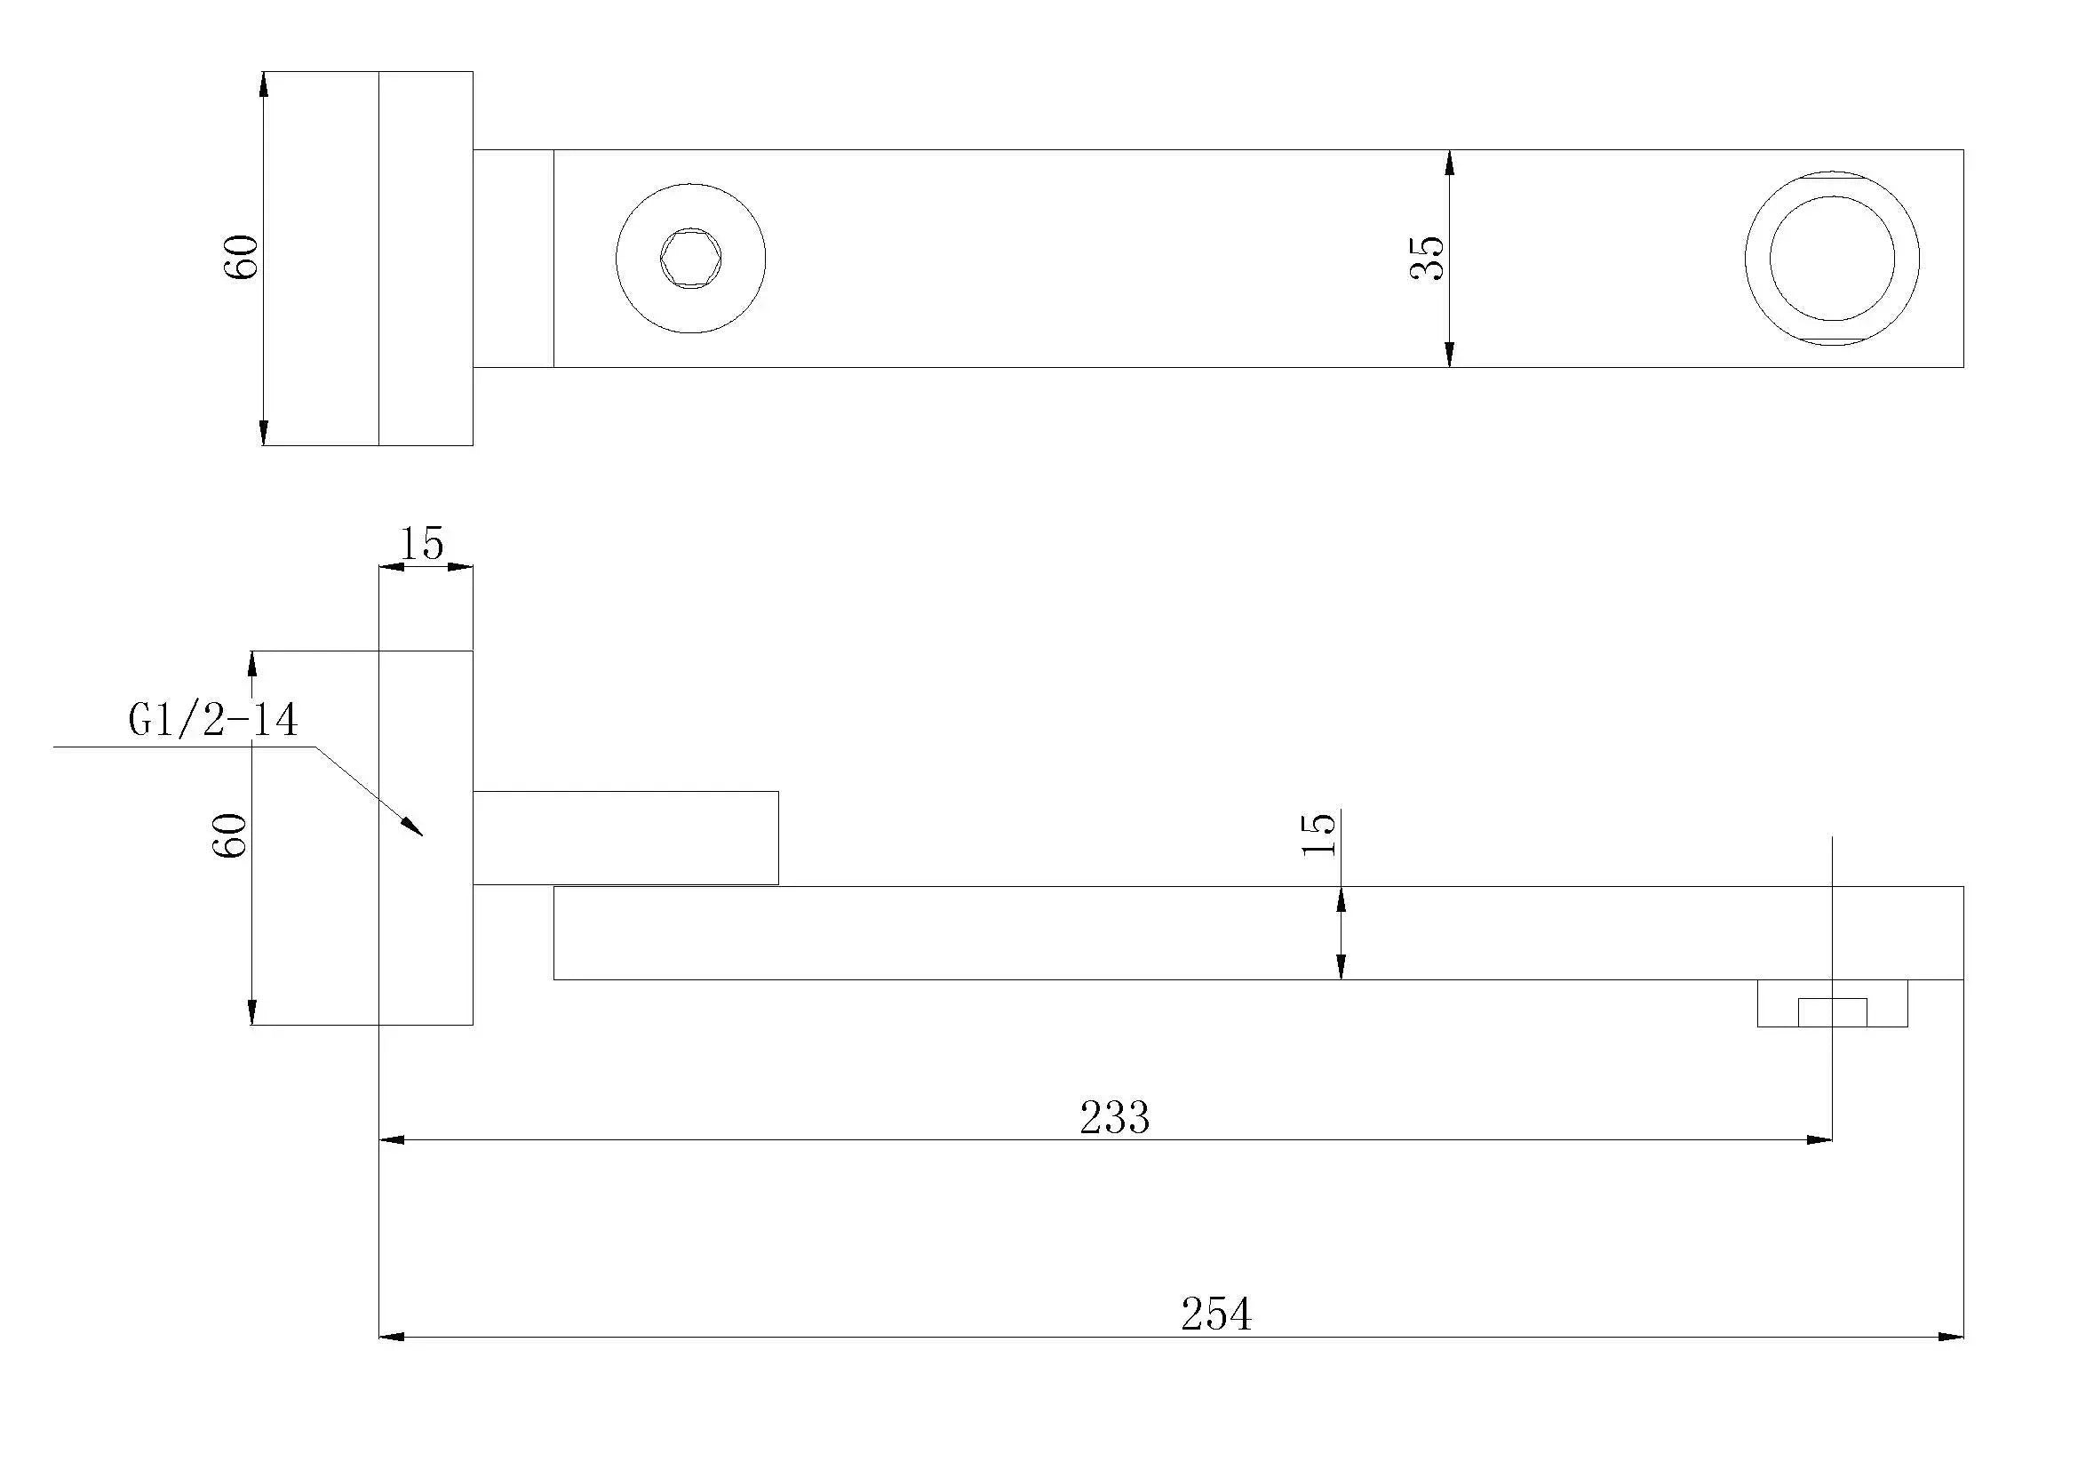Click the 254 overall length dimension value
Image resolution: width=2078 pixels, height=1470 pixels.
click(1215, 1314)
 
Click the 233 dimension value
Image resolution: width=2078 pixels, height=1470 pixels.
click(1114, 1118)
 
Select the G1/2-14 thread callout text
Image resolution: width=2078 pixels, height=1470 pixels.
click(212, 722)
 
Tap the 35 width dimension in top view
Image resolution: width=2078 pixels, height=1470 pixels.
click(1429, 259)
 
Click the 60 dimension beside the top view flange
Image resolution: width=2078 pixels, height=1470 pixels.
click(242, 257)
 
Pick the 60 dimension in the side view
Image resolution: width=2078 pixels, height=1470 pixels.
click(230, 835)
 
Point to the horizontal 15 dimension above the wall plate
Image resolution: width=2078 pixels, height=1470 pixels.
click(422, 544)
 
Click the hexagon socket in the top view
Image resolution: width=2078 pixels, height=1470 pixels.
click(690, 259)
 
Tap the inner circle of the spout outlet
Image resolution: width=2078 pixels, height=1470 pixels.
click(1832, 258)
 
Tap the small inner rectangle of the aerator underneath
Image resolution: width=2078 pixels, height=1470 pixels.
click(1832, 1012)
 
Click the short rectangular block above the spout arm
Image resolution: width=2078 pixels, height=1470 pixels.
click(625, 837)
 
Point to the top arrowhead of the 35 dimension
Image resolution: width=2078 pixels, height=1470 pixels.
click(1449, 164)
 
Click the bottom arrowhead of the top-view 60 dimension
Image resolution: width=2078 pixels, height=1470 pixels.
click(263, 433)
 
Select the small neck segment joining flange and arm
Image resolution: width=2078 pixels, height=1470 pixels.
click(514, 259)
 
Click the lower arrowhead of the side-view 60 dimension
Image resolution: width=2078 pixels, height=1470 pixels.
click(252, 1011)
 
